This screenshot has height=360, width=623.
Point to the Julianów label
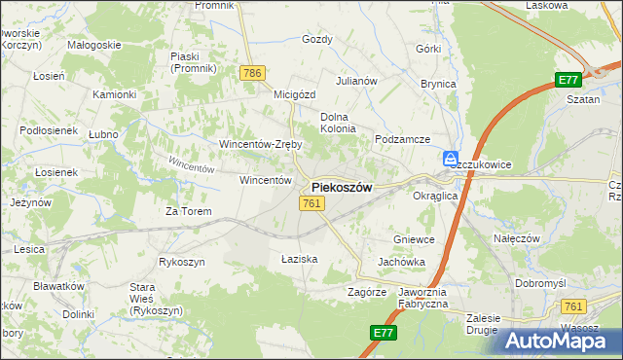(356, 81)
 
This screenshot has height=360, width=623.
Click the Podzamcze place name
(403, 139)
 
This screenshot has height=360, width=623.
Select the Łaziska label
(300, 259)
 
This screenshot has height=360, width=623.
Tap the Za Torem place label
(188, 211)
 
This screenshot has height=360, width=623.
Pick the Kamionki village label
(113, 94)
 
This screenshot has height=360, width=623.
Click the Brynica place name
(438, 84)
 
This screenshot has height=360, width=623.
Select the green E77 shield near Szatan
(568, 81)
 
